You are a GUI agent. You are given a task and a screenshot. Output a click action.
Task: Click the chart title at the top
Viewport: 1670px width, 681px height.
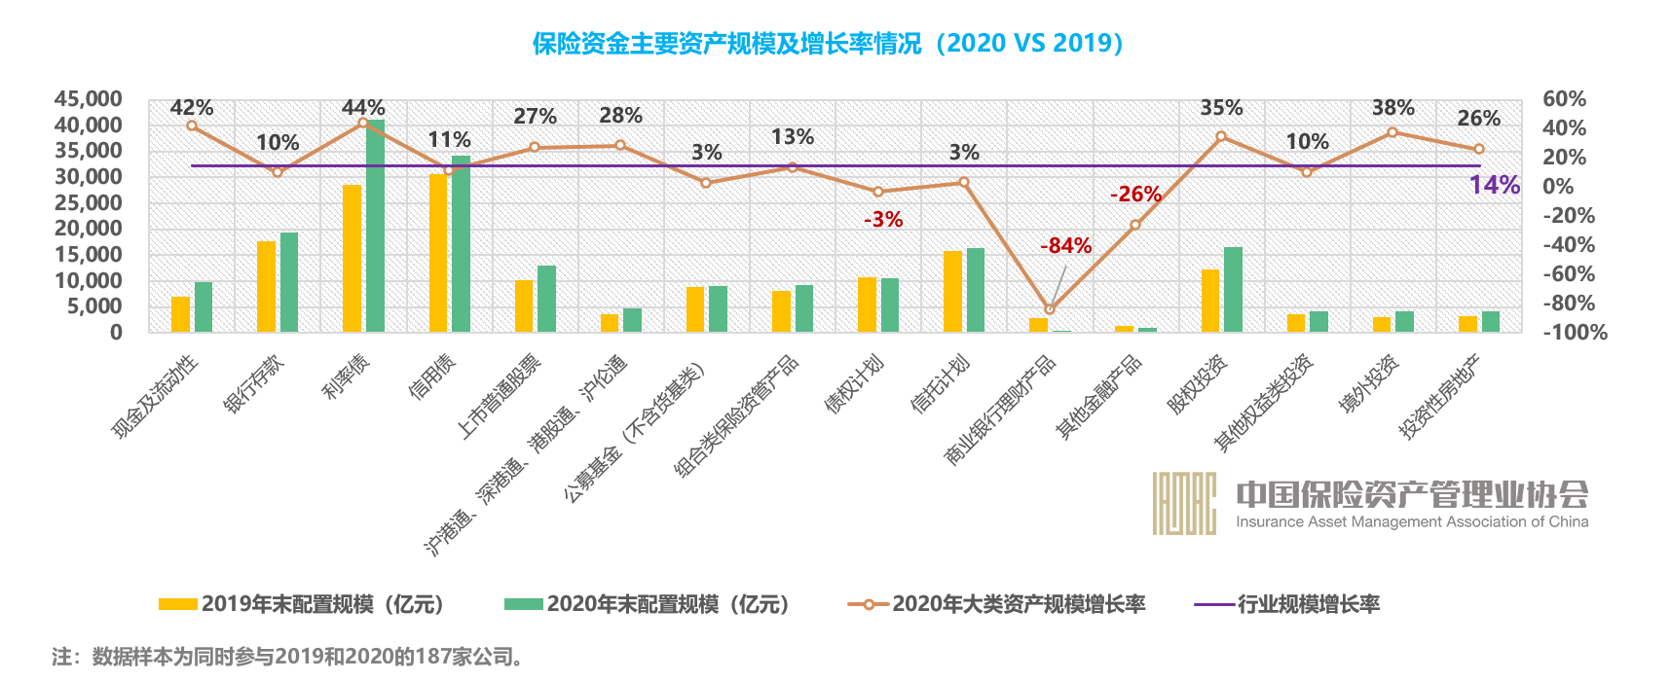(x=828, y=44)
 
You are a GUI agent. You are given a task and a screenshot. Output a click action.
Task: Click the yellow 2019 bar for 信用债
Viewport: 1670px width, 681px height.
(x=438, y=253)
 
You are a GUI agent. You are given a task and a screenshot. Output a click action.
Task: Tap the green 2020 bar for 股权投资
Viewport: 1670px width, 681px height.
(x=1233, y=290)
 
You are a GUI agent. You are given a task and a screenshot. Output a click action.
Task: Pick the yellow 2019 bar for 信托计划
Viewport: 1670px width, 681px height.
(x=952, y=292)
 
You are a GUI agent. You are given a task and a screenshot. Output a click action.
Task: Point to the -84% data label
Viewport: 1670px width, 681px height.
(x=1065, y=246)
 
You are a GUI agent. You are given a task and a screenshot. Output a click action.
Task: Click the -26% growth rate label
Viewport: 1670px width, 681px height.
(x=1135, y=195)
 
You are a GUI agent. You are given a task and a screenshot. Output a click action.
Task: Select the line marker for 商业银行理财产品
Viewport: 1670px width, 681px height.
(x=1049, y=309)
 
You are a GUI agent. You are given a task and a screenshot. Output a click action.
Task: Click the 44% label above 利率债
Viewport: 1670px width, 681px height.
(x=363, y=108)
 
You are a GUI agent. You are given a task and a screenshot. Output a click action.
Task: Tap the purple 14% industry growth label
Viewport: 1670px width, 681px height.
(x=1494, y=185)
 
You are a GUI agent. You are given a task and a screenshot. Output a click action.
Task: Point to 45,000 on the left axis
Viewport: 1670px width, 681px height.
(x=89, y=99)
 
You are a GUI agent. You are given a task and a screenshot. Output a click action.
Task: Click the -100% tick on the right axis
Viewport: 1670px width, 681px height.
(x=1574, y=333)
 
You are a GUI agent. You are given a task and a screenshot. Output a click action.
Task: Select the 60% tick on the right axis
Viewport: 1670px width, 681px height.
(x=1564, y=99)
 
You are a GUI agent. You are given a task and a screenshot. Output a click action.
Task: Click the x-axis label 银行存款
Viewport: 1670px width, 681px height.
(x=255, y=384)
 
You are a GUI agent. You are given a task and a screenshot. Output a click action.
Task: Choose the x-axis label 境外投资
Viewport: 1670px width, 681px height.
(x=1370, y=384)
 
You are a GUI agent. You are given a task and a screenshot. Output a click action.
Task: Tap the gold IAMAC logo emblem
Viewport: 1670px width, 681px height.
(x=1184, y=503)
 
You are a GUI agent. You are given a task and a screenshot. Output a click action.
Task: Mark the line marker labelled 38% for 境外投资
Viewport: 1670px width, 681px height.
(x=1392, y=132)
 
